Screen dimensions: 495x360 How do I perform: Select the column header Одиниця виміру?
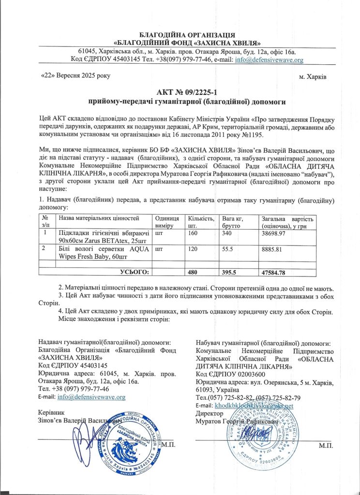tap(167, 222)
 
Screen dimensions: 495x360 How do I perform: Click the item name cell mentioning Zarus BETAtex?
tap(102, 236)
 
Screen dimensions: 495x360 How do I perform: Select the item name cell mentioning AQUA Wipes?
tap(102, 252)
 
